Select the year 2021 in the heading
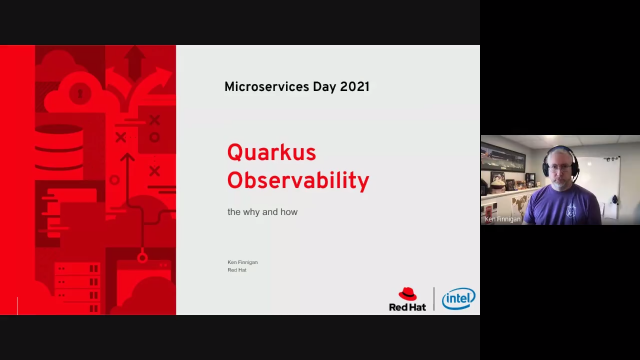354,87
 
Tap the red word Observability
298,181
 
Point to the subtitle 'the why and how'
262,212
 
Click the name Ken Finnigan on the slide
243,262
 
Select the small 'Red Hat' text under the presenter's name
237,270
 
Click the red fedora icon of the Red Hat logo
408,294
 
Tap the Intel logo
459,298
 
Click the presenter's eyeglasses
561,166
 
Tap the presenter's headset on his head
560,151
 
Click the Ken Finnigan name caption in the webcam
503,218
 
